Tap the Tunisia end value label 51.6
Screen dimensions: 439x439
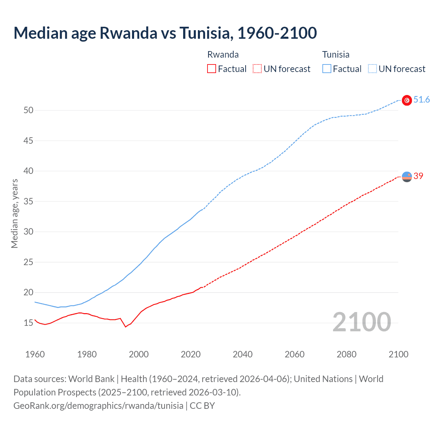(422, 100)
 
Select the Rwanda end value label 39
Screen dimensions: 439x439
(418, 176)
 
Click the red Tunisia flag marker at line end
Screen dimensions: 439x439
(407, 100)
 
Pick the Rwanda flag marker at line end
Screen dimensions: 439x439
(407, 177)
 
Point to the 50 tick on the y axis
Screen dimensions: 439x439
(28, 110)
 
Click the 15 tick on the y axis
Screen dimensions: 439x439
(28, 323)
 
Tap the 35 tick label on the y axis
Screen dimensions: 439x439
(28, 201)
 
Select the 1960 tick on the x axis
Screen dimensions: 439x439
(35, 354)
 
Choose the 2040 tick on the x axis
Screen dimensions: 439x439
(242, 354)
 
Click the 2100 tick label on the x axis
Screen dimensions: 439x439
(398, 354)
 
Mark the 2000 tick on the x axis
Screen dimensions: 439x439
(139, 354)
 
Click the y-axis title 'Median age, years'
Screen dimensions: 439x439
(14, 213)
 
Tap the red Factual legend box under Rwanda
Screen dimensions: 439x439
(212, 69)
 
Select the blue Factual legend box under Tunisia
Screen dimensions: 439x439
(327, 69)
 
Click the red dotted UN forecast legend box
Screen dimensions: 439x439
(257, 69)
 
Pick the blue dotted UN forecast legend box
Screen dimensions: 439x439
(372, 69)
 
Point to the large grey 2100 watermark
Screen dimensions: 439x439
(361, 322)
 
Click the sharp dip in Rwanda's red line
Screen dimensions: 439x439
(126, 327)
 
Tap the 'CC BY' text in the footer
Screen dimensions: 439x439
(202, 406)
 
